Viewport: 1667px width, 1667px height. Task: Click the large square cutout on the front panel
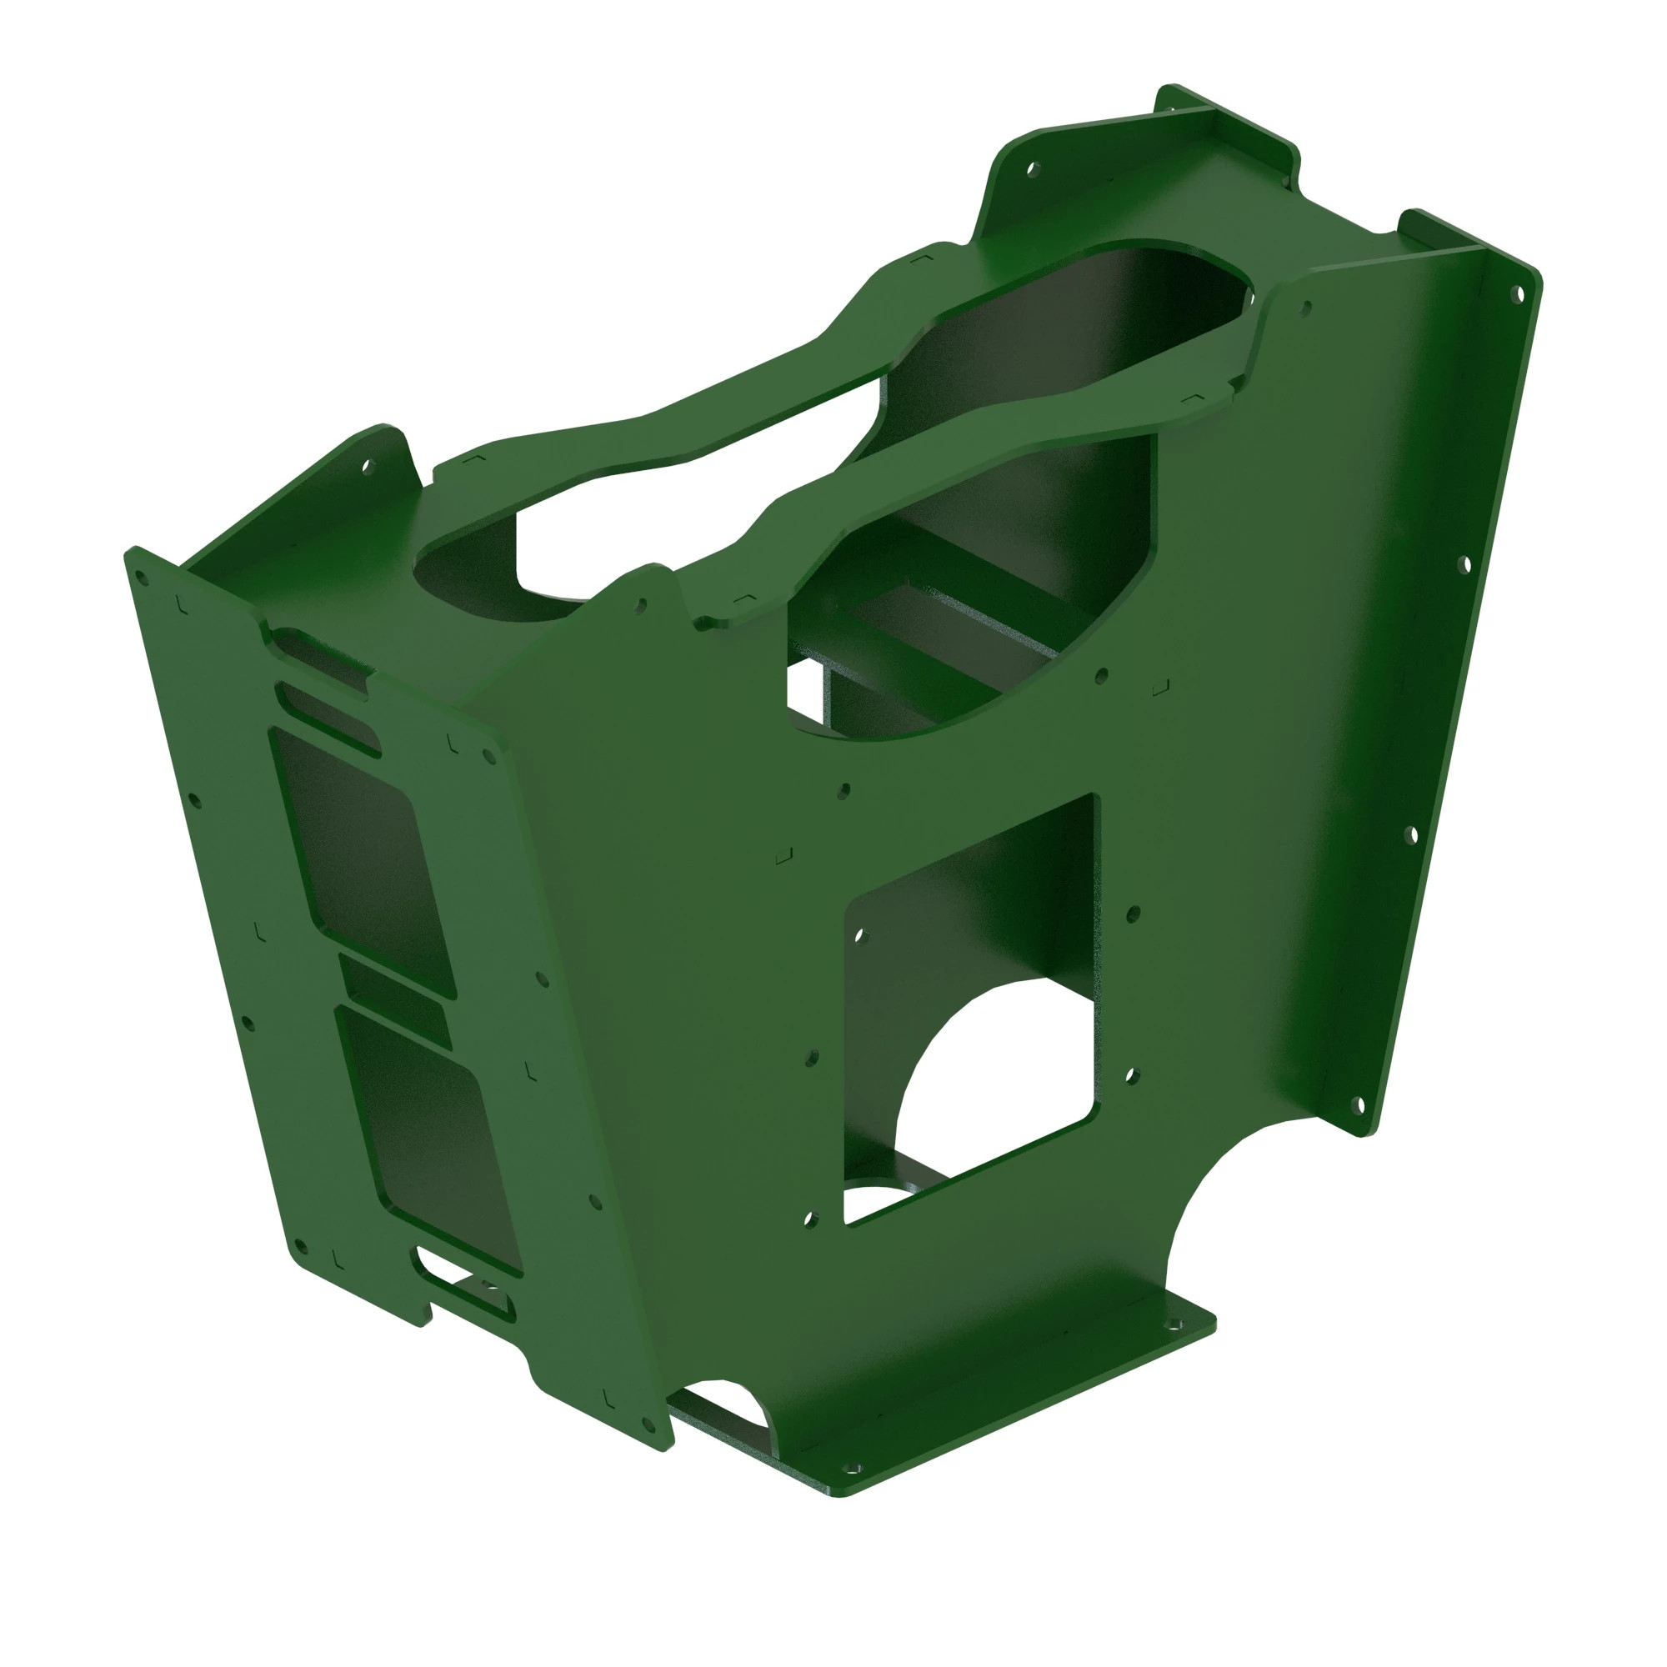click(x=971, y=975)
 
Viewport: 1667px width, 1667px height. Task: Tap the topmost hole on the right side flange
click(x=1517, y=295)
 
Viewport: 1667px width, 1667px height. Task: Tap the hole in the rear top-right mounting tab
click(x=1029, y=169)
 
